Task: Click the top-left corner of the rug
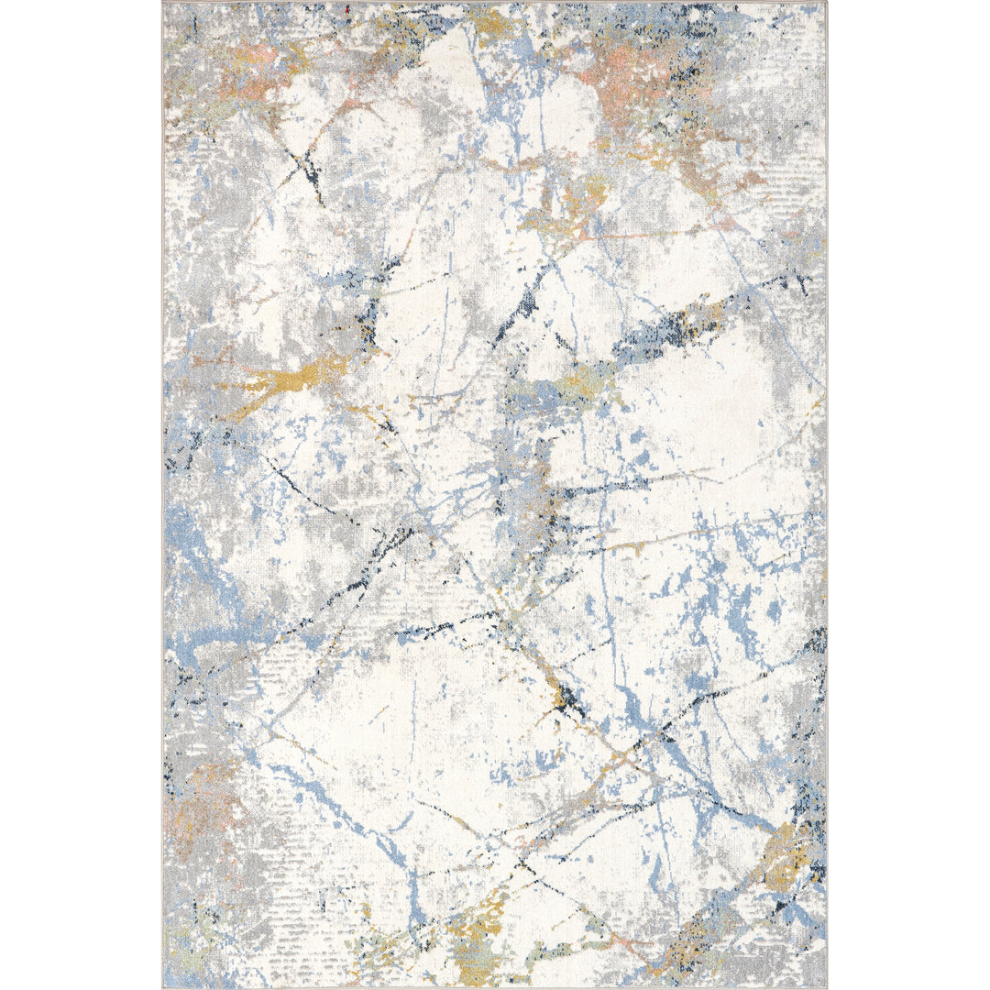point(162,3)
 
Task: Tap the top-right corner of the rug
point(826,3)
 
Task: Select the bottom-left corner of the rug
point(164,987)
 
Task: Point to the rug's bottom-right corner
point(826,987)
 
